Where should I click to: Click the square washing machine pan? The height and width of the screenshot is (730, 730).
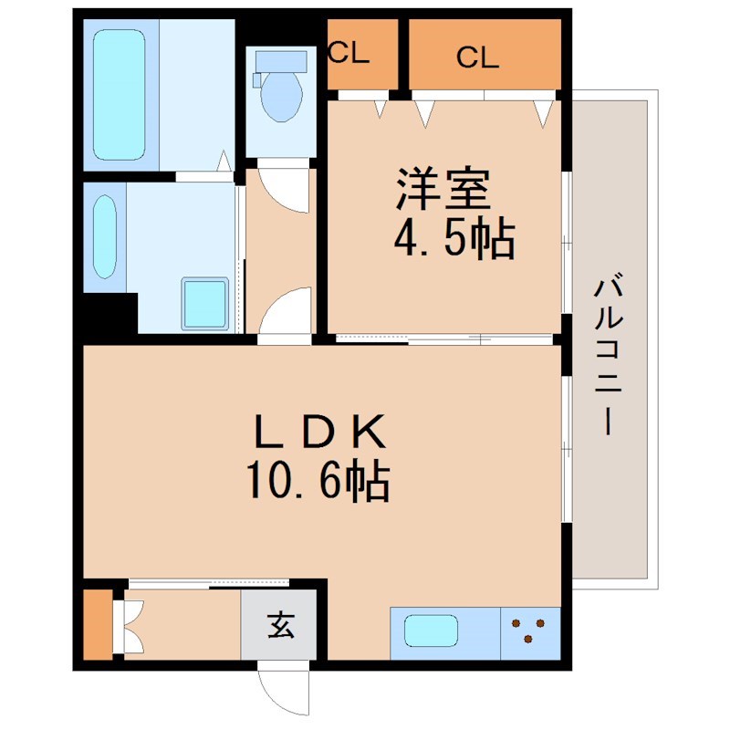[204, 303]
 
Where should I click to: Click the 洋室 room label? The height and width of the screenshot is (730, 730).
[444, 189]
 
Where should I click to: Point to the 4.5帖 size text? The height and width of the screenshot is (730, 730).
[454, 239]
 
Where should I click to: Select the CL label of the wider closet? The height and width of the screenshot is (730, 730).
[478, 57]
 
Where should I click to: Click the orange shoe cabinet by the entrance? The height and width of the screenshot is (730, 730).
[96, 625]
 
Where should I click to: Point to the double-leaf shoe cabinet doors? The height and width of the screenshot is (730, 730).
[131, 625]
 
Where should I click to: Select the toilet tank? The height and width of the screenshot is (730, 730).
[279, 60]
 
